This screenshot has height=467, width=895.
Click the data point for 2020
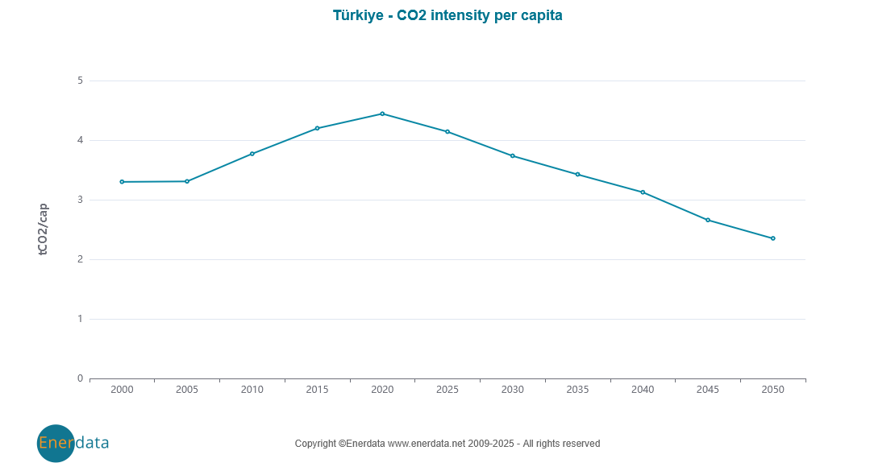(382, 114)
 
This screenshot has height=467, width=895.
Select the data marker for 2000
(122, 182)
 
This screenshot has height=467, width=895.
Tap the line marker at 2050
(772, 238)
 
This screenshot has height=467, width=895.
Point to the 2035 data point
(577, 174)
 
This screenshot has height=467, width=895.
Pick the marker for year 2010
(252, 154)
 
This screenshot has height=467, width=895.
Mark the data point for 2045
(708, 220)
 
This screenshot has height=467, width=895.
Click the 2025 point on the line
(447, 131)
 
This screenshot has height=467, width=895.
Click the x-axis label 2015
(317, 390)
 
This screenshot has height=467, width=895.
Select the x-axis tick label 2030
(512, 390)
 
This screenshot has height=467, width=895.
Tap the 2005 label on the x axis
(186, 390)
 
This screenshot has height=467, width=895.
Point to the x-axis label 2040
(643, 390)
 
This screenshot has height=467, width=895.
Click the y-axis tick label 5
(80, 81)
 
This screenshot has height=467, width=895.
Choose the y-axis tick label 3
(80, 200)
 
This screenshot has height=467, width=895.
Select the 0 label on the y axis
(80, 378)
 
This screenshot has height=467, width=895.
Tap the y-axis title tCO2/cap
(44, 229)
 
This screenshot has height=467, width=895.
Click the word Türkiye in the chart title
(358, 15)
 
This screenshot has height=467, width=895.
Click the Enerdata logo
(73, 443)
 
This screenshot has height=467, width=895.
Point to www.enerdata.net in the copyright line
(427, 444)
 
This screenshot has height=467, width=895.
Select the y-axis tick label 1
(80, 319)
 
